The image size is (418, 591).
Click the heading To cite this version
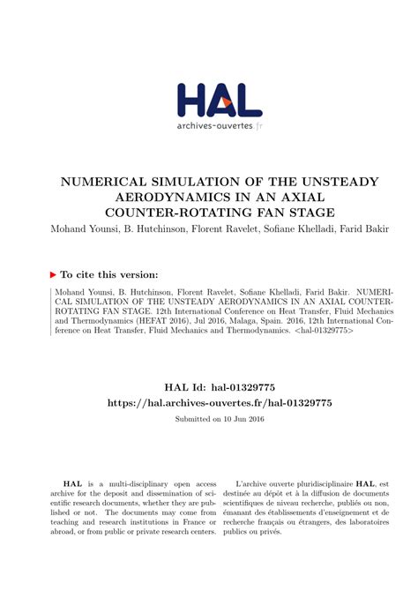coord(110,275)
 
